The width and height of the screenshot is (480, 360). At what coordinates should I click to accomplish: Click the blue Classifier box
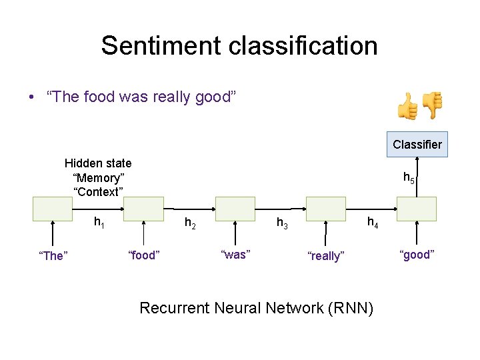tap(417, 144)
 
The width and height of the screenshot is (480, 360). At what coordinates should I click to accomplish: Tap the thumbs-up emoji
tap(407, 106)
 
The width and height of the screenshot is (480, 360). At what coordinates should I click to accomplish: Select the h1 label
tap(99, 222)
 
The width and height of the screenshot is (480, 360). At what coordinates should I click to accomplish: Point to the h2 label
tap(189, 224)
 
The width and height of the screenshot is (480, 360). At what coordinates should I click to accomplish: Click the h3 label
tap(282, 224)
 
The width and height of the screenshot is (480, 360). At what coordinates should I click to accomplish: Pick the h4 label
tap(372, 223)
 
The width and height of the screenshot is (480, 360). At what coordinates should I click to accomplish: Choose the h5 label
tap(409, 178)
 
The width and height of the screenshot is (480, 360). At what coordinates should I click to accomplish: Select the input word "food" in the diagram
tap(143, 255)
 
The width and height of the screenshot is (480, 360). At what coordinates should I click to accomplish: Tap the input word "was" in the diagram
tap(235, 255)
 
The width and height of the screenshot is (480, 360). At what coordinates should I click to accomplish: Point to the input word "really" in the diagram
tap(325, 256)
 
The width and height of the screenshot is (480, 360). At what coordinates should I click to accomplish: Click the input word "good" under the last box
tap(417, 255)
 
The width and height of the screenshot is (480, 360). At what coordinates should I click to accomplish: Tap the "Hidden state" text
tap(98, 163)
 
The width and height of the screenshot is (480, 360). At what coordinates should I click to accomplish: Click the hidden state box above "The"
tap(52, 209)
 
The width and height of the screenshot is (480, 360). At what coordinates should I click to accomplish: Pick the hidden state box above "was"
tap(235, 209)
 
